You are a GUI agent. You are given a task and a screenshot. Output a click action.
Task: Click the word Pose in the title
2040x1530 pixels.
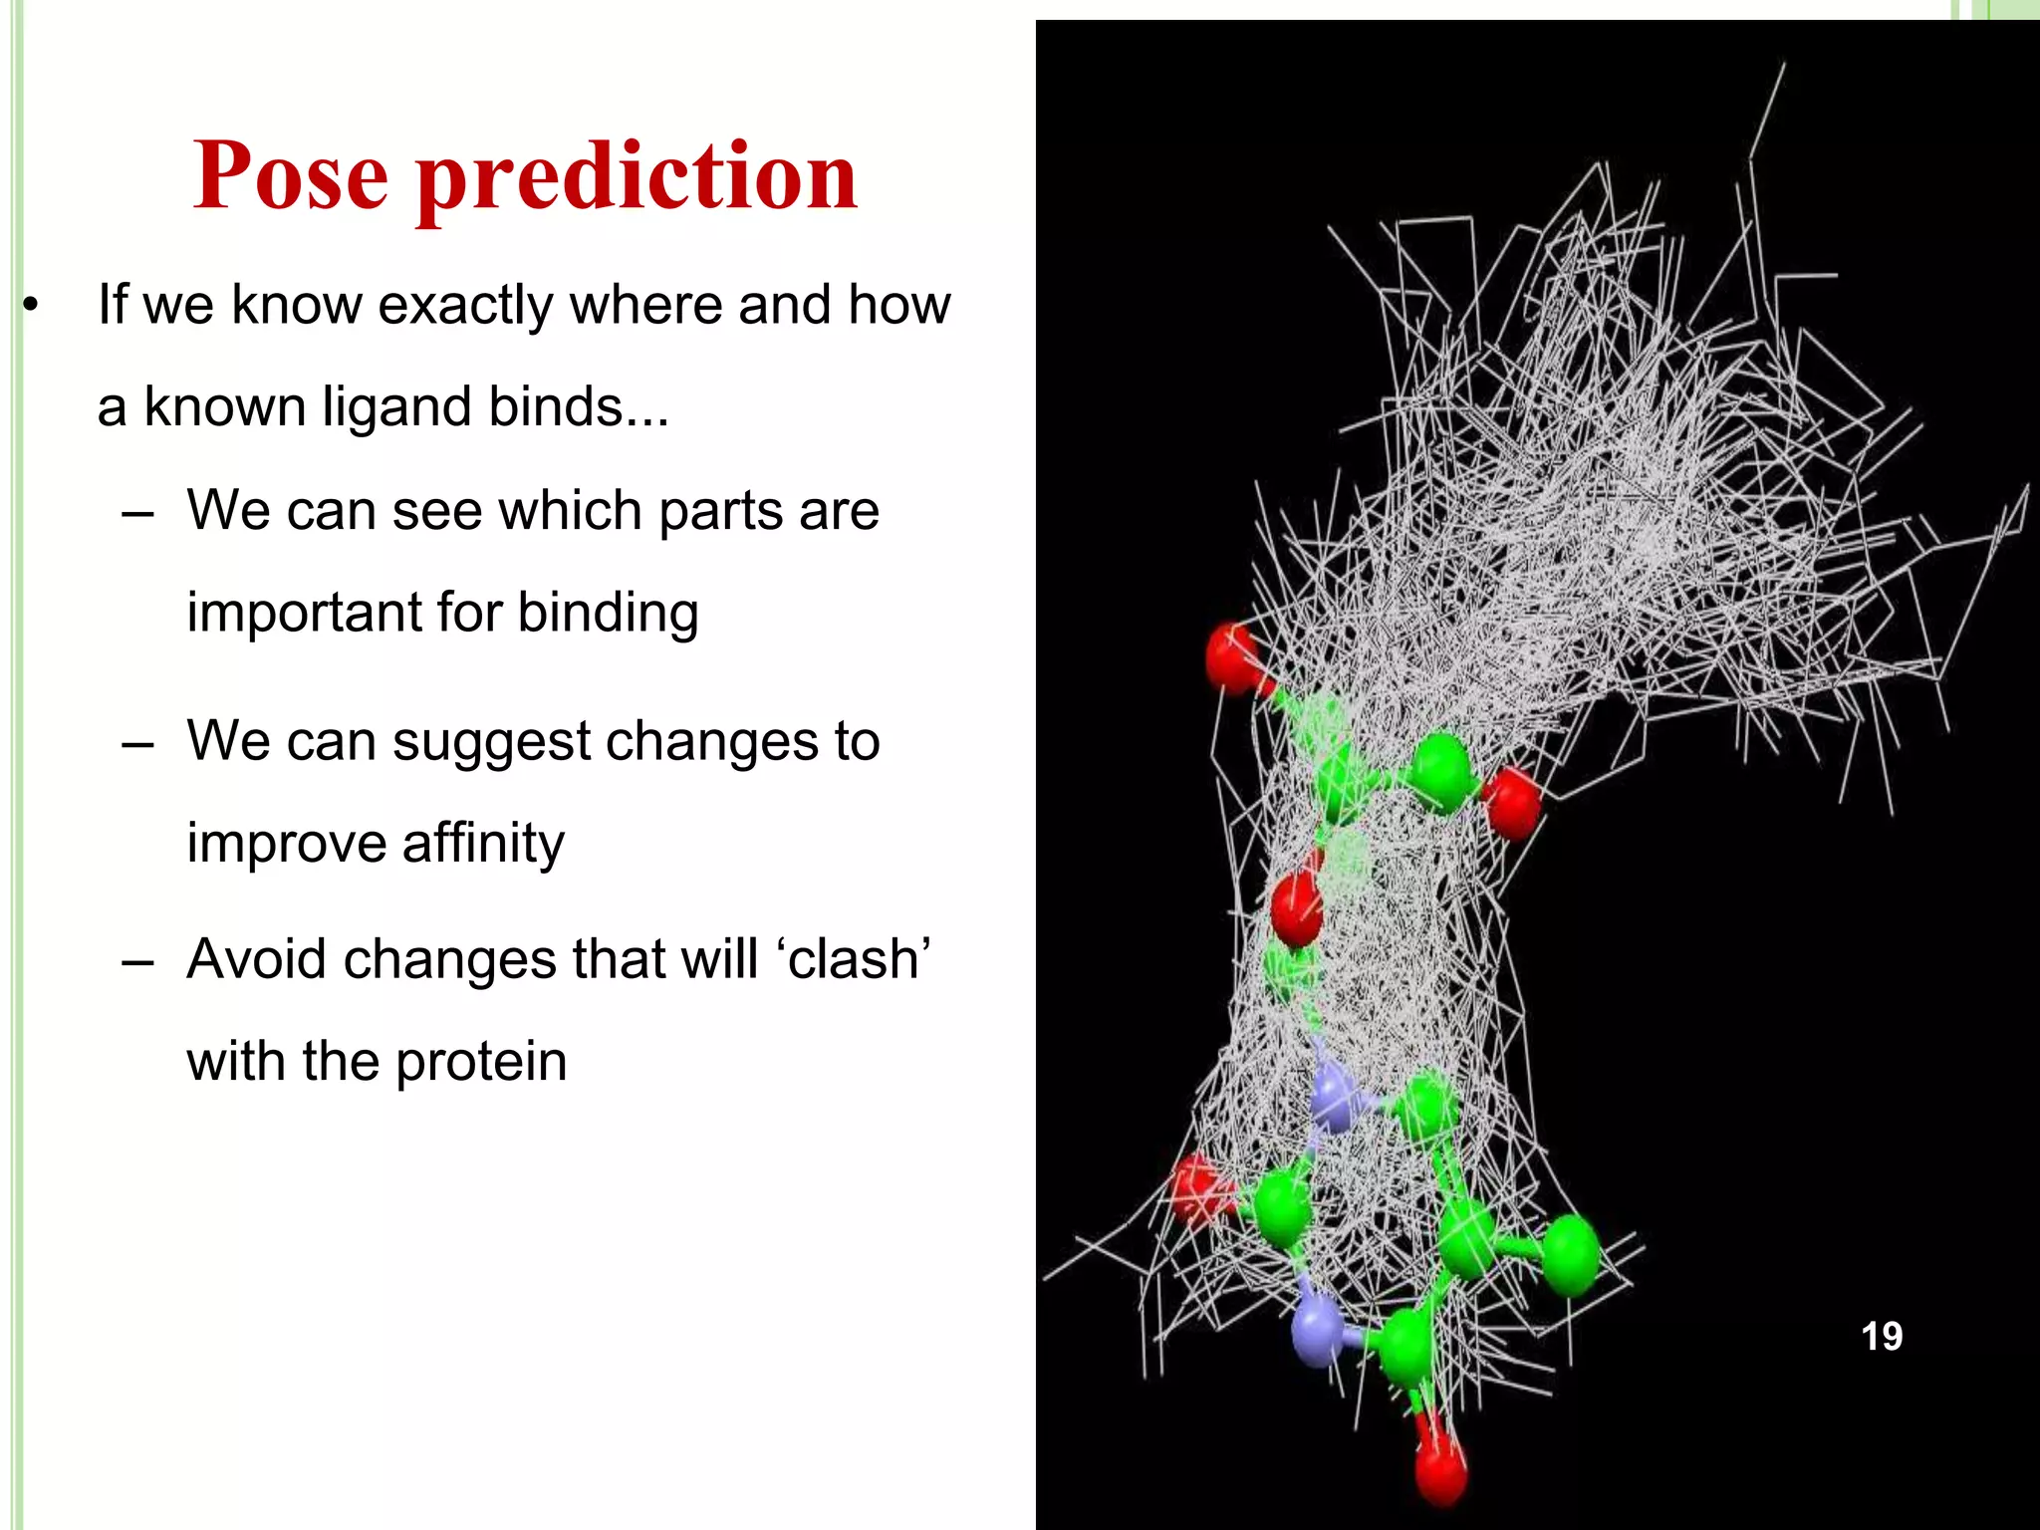tap(290, 176)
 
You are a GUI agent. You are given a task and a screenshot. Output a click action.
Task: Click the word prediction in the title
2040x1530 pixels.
tap(637, 176)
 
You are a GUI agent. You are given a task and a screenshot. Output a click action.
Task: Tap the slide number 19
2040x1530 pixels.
tap(1881, 1336)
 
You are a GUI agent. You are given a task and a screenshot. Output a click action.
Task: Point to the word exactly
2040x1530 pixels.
tap(464, 305)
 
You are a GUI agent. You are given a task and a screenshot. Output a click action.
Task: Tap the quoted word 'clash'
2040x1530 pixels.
tap(859, 958)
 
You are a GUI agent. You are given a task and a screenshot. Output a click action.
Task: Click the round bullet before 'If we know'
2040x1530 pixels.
tap(31, 306)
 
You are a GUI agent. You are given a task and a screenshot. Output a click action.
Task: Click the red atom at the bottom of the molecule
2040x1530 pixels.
tap(1440, 1468)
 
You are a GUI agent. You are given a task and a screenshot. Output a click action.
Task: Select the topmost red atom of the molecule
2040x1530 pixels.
tap(1232, 656)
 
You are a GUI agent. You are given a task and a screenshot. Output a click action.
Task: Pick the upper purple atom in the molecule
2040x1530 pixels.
tap(1334, 1098)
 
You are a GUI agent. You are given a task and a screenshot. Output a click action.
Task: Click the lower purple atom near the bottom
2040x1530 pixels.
tap(1317, 1330)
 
